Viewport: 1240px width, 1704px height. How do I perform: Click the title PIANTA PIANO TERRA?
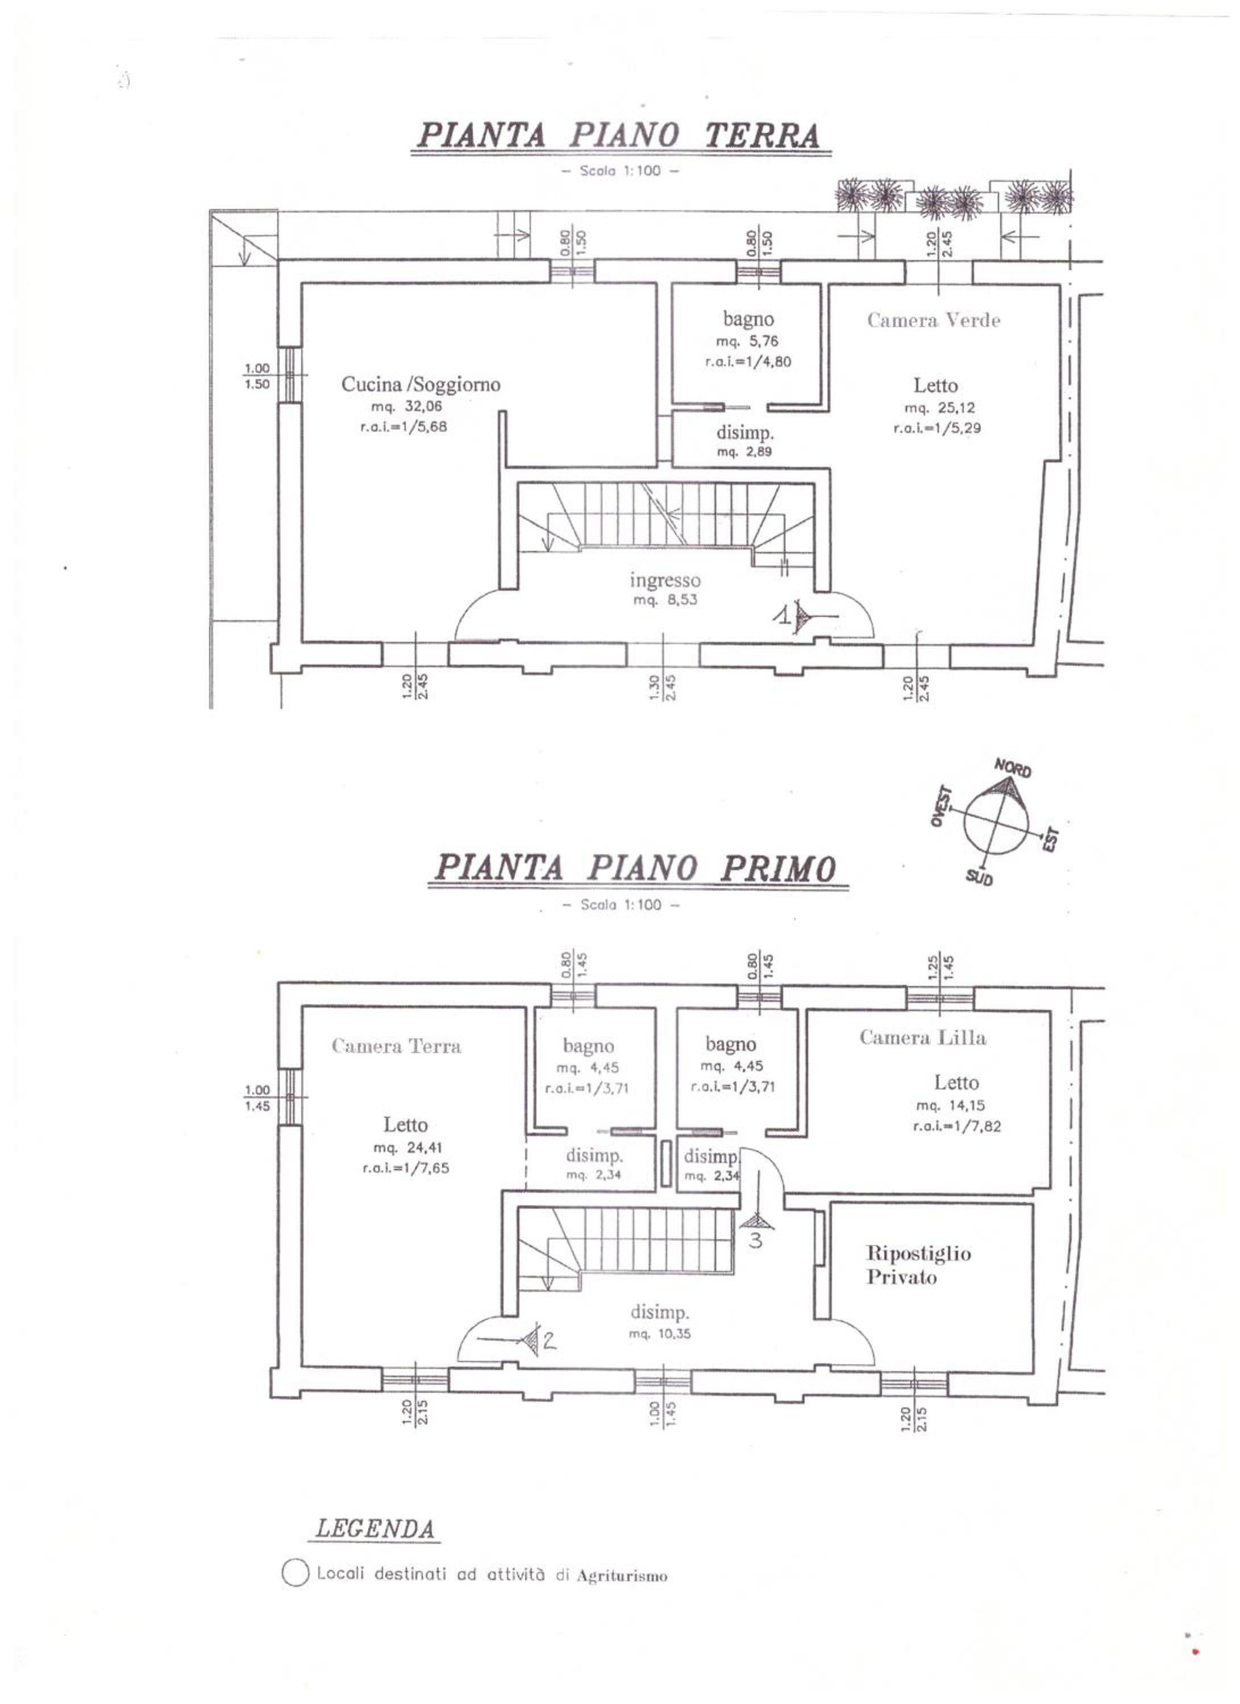click(618, 135)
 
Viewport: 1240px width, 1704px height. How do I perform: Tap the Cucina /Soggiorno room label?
click(421, 385)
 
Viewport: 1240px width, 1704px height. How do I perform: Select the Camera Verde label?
click(933, 320)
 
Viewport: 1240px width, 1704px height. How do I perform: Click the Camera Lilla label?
click(923, 1038)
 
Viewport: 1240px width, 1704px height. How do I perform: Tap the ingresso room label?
click(665, 580)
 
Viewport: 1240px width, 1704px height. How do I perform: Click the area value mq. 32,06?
click(406, 407)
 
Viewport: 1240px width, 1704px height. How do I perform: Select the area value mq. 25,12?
click(939, 408)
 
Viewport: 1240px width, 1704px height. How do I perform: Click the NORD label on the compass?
click(1013, 769)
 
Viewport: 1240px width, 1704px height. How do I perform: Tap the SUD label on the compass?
click(979, 878)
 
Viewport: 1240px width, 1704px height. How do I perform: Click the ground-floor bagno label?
click(748, 319)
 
